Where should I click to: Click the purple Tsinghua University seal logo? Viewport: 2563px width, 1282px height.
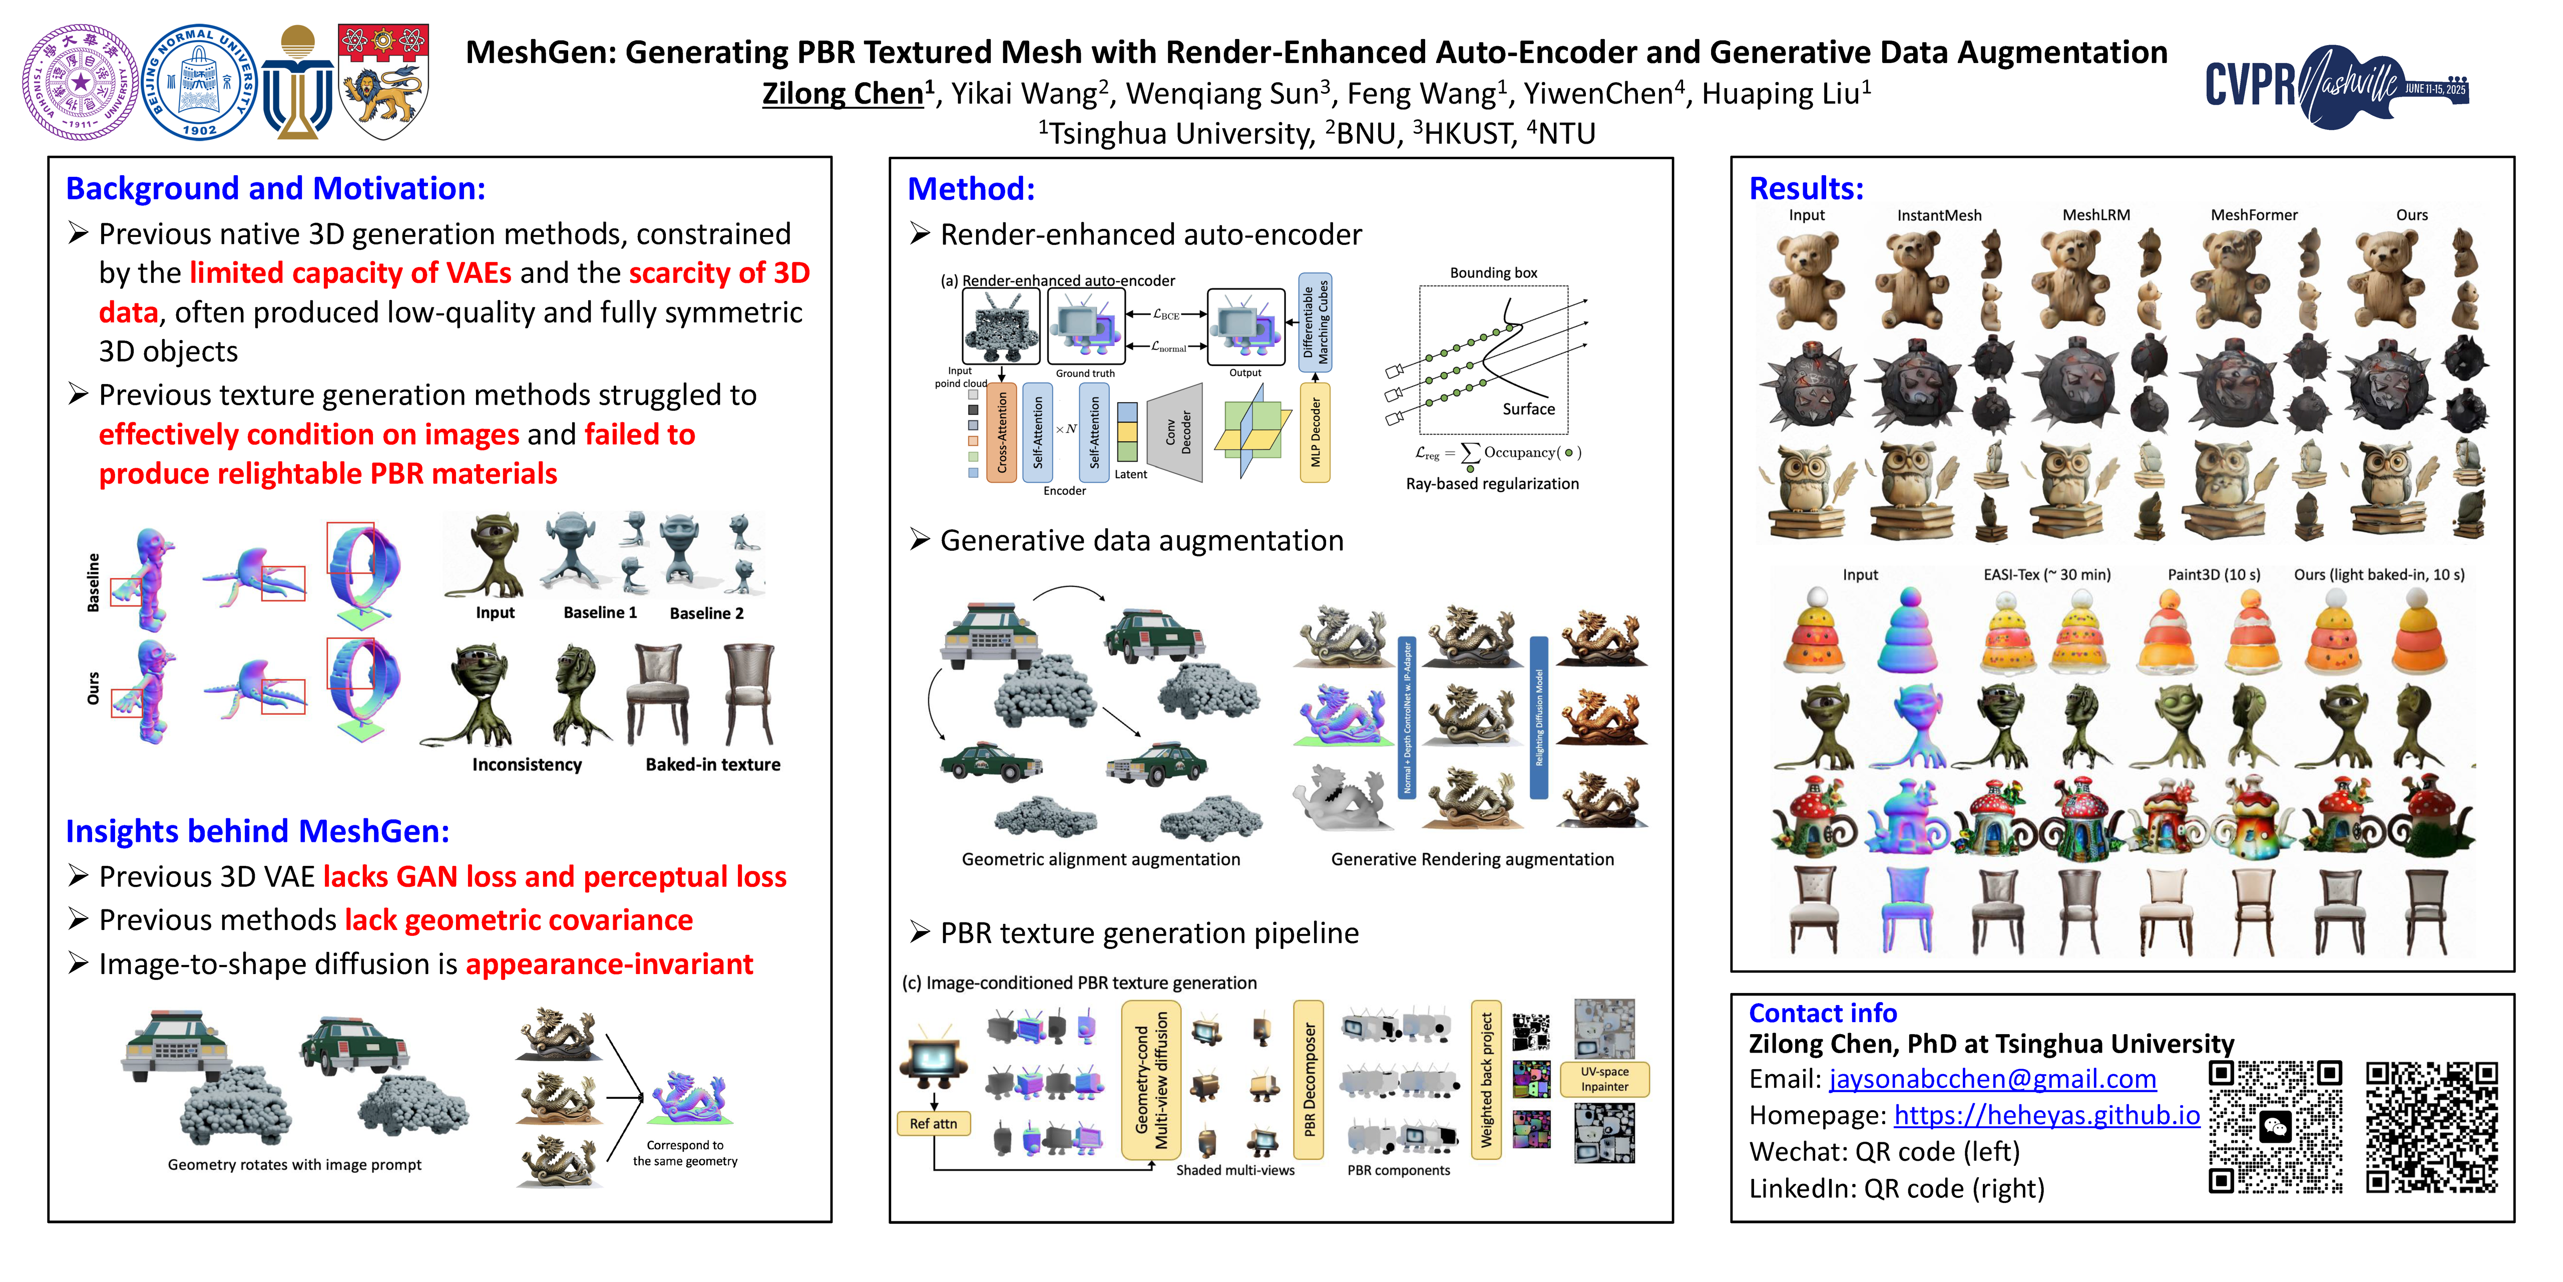pos(80,82)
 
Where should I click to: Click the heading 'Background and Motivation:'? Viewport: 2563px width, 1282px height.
pos(276,188)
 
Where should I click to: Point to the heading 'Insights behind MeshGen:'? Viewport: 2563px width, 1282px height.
pos(258,831)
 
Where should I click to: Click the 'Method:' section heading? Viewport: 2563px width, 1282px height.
pos(971,188)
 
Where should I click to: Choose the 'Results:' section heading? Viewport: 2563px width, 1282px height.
pos(1806,188)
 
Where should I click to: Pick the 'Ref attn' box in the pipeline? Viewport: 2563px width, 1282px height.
pos(933,1124)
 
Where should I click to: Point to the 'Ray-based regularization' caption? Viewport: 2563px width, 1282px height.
pos(1491,484)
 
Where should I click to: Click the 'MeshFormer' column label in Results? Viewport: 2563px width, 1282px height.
pos(2254,215)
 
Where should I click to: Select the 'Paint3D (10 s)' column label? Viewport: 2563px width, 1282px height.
pos(2214,574)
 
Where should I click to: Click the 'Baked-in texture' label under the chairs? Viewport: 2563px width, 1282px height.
pos(712,764)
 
